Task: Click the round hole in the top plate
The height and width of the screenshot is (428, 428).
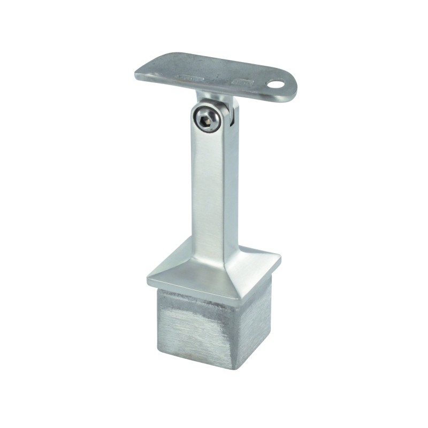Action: pyautogui.click(x=277, y=84)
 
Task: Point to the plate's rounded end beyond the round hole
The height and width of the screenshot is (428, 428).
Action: pyautogui.click(x=289, y=86)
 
